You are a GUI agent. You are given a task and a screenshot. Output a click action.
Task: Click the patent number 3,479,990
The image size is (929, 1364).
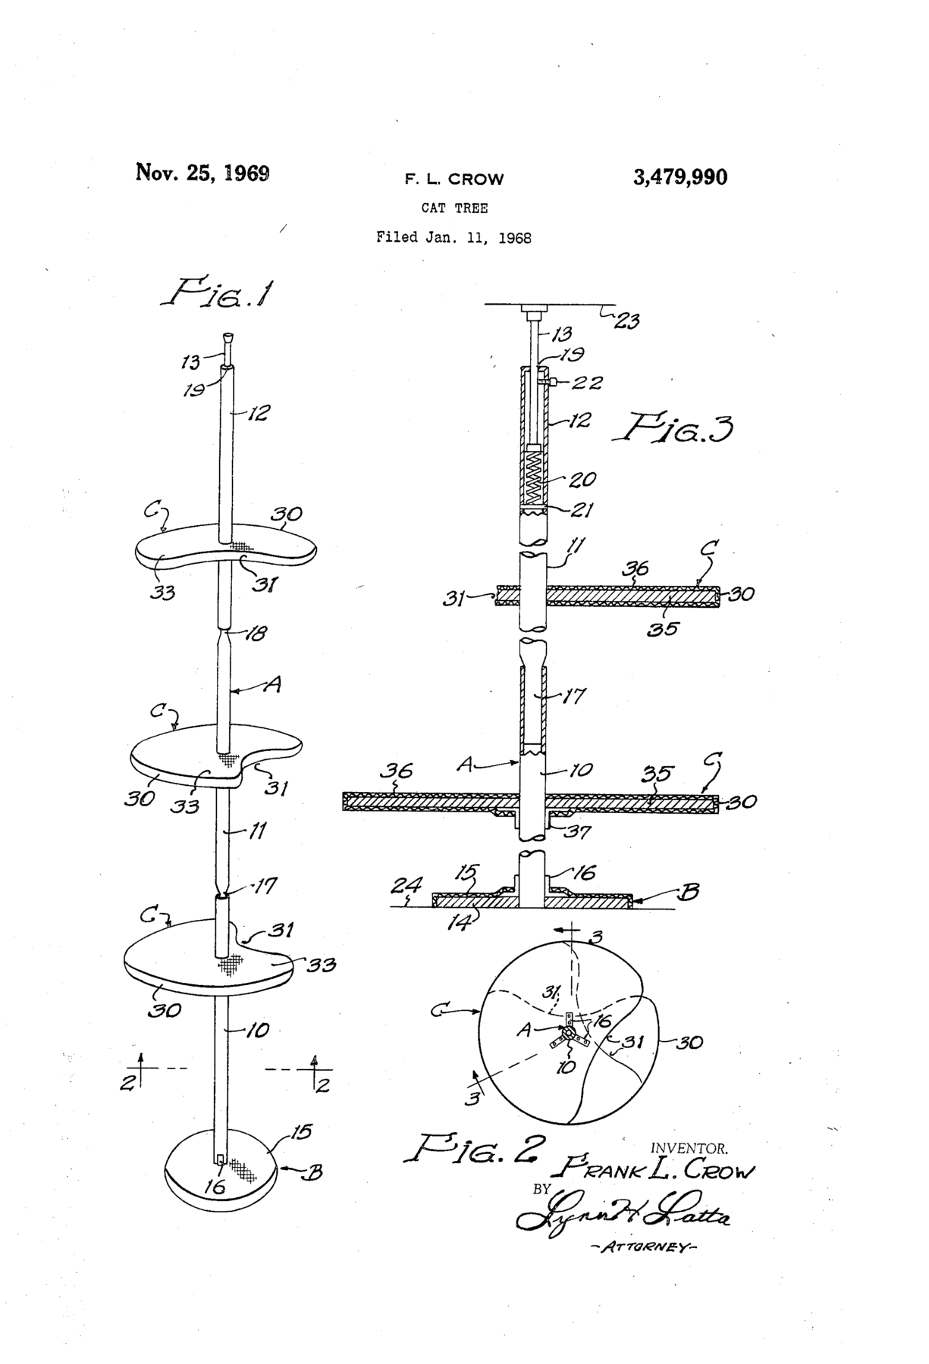679,177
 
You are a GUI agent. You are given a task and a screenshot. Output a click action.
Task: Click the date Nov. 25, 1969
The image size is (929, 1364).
202,173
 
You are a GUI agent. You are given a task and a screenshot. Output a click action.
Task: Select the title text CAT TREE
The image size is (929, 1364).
454,208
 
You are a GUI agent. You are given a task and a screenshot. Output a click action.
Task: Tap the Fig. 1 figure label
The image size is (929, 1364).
216,293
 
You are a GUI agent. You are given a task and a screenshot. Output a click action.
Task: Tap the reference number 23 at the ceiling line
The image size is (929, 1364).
626,321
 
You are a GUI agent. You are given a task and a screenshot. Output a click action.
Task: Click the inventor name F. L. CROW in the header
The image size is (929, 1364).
454,180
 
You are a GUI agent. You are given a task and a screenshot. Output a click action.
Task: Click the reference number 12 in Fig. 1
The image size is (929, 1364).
259,414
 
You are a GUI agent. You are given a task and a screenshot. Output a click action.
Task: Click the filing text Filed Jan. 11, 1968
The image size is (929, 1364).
454,237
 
